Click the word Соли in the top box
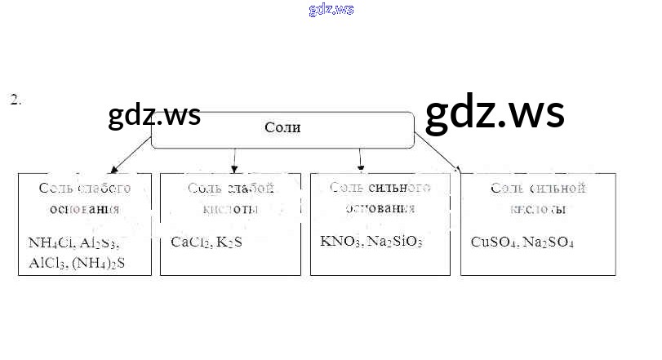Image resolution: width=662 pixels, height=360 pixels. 282,127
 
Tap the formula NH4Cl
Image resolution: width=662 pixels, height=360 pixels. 51,242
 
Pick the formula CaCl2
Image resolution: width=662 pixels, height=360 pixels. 189,242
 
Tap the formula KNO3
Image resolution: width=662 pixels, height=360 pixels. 338,241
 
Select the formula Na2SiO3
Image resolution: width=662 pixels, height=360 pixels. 394,241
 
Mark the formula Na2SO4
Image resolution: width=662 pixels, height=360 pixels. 549,242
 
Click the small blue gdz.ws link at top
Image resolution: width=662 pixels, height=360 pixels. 331,10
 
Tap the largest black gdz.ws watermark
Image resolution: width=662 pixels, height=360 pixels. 495,113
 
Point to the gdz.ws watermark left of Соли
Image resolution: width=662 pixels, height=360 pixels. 154,116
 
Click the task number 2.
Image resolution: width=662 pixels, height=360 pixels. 15,100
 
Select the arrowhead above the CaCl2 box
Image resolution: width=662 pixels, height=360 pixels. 235,168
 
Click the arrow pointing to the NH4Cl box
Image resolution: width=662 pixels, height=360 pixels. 131,155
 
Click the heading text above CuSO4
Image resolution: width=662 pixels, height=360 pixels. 538,198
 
